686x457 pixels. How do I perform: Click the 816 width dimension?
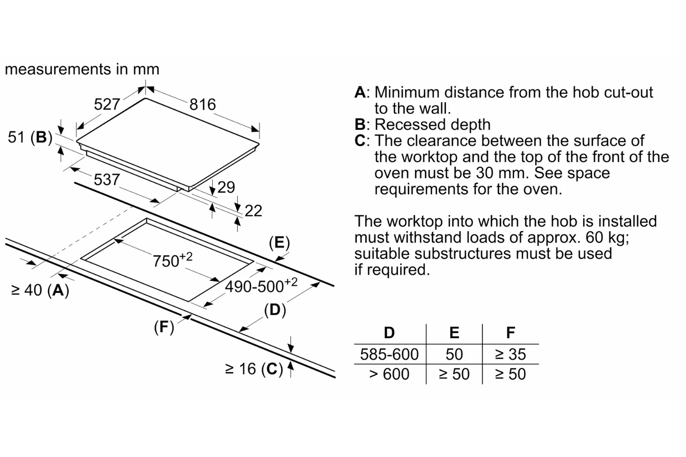(203, 105)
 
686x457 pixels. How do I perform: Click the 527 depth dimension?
(107, 105)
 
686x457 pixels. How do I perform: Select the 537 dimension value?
(107, 180)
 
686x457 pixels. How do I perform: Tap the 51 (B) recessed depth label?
(30, 137)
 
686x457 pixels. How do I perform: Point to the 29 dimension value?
(226, 187)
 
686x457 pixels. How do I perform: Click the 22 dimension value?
(253, 211)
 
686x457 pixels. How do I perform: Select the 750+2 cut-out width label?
(172, 260)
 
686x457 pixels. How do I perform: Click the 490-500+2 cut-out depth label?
(261, 286)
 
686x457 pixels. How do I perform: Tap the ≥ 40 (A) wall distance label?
(40, 290)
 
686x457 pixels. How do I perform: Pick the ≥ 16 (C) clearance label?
(254, 369)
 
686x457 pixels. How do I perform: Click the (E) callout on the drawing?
(279, 242)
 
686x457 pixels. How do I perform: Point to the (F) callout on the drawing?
(164, 327)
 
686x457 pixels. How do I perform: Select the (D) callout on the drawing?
(275, 310)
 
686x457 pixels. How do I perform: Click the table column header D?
(389, 333)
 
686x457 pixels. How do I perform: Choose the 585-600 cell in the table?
(389, 354)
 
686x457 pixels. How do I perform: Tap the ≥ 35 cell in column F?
(510, 354)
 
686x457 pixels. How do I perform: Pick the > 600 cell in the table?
(389, 374)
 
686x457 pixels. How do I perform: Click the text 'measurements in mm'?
(82, 69)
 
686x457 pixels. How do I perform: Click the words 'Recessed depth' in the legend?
(432, 124)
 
